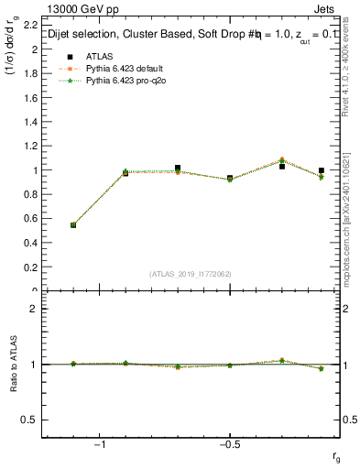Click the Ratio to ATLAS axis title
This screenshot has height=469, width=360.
(x=12, y=365)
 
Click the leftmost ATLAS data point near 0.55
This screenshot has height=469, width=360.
(x=73, y=224)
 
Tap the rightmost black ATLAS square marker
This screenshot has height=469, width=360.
(x=322, y=170)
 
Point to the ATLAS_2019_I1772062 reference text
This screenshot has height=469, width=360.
(x=191, y=274)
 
